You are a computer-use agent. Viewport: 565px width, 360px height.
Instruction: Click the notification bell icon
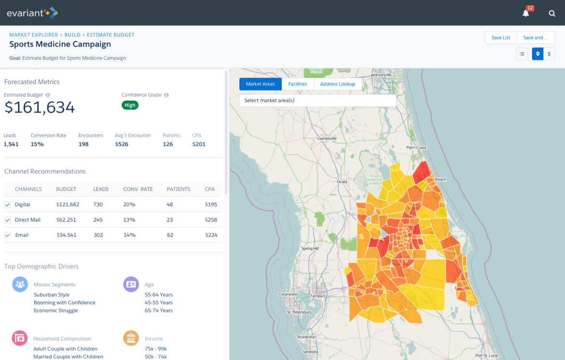click(x=526, y=13)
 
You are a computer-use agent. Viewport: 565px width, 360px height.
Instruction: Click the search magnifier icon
click(x=552, y=13)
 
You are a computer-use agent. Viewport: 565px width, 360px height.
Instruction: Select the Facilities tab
click(x=297, y=84)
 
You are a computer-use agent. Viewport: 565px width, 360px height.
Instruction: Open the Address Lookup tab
click(x=337, y=84)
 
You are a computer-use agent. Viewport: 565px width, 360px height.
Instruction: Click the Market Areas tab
click(x=260, y=84)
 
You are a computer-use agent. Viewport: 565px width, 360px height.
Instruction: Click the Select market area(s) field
click(x=317, y=101)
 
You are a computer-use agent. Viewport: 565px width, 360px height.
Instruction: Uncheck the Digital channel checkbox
click(x=8, y=205)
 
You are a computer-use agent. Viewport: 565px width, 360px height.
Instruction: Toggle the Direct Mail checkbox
click(x=8, y=220)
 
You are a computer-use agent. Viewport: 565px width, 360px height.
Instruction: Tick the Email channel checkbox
click(x=8, y=235)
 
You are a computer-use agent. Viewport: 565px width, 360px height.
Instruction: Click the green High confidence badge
click(x=130, y=105)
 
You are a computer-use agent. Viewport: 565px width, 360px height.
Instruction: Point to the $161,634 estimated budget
click(x=40, y=107)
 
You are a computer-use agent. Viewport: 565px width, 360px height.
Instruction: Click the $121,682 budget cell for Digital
click(x=68, y=204)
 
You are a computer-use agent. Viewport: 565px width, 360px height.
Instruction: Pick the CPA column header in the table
click(x=209, y=189)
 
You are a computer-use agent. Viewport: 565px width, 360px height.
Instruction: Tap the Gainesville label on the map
click(x=326, y=139)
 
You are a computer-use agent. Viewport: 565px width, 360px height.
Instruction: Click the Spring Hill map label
click(x=310, y=248)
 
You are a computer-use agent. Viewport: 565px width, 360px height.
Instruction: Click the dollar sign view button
click(x=549, y=54)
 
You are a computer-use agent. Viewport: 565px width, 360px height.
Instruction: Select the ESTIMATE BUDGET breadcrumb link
click(x=111, y=35)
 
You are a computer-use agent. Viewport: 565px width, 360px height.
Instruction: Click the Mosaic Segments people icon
click(x=20, y=284)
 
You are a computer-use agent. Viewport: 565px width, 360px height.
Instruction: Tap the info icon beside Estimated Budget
click(x=48, y=95)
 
